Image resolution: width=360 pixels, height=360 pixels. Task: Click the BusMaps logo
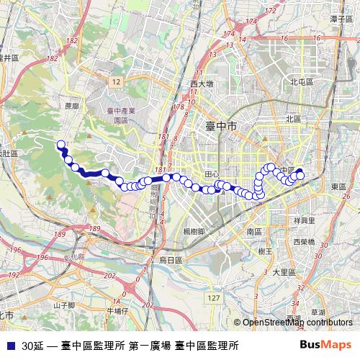coord(325,344)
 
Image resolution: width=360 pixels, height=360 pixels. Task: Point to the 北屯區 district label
coord(301,82)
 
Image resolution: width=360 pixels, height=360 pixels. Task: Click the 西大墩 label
coord(202,84)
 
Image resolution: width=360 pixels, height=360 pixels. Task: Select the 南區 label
coord(254,232)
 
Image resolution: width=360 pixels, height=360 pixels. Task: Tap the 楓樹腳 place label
coord(195,231)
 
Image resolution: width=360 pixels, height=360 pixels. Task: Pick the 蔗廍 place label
coord(71,105)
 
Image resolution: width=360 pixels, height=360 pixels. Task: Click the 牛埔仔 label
coord(117,311)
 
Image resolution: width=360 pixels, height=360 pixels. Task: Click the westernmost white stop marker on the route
coord(60,144)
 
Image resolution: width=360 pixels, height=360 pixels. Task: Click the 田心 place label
coord(211,174)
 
